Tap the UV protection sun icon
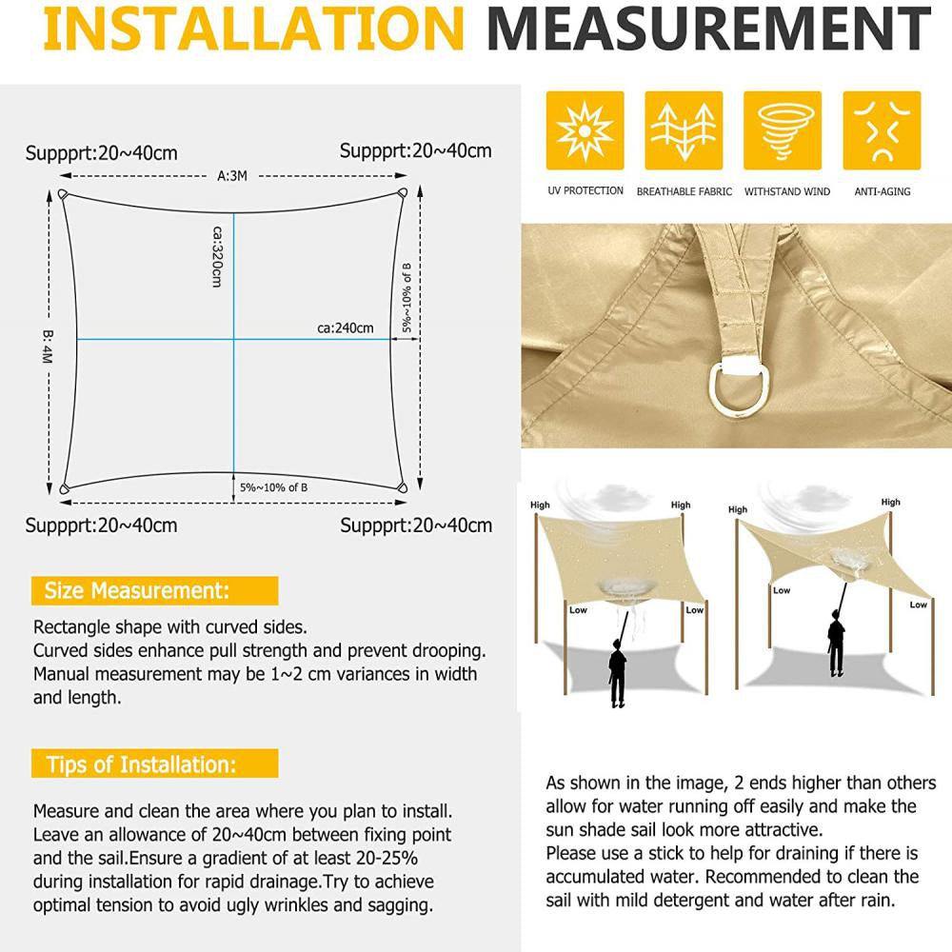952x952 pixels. coord(585,130)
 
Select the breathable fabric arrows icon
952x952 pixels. coord(684,130)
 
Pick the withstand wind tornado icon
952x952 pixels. coord(783,130)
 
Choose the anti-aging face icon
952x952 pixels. coord(882,130)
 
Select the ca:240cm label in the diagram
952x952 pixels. coord(345,328)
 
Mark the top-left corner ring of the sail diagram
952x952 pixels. coord(64,194)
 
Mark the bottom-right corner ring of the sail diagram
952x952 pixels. coord(402,488)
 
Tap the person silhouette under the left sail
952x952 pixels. coord(617,671)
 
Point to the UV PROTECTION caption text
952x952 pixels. coord(585,191)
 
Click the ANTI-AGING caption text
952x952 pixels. coord(882,191)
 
